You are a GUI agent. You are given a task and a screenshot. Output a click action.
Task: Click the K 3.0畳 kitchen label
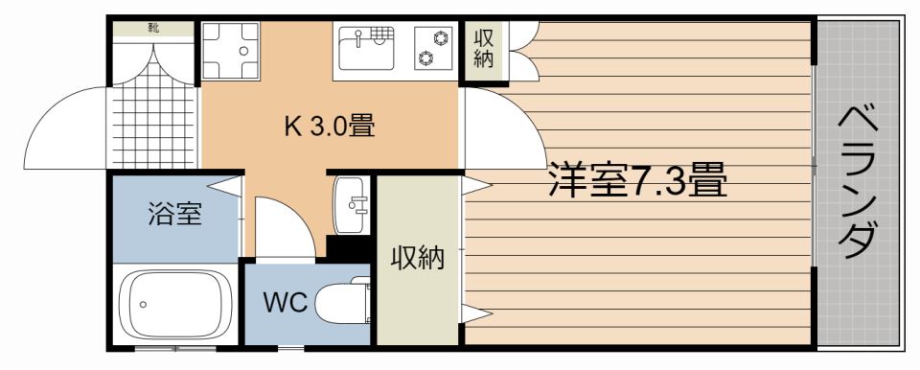(329, 127)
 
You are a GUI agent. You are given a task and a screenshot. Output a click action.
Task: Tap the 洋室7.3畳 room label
(637, 180)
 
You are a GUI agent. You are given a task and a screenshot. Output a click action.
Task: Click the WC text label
(286, 303)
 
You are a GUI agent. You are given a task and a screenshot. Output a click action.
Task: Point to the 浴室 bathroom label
(174, 214)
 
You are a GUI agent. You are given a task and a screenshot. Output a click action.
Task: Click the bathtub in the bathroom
(174, 304)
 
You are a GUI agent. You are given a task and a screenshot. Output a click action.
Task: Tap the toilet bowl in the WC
(342, 304)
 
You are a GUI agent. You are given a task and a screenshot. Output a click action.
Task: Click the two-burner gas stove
(435, 48)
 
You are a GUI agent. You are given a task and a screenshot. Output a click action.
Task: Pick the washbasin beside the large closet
(352, 205)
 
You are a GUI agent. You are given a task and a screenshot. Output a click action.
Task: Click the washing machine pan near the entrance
(231, 51)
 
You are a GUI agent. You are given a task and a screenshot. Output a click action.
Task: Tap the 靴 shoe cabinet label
(153, 28)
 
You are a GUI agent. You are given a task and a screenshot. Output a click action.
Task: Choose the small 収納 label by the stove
(484, 50)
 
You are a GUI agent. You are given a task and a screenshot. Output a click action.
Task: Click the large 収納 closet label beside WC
(417, 259)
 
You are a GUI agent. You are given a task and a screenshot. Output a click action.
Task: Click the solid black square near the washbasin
(349, 248)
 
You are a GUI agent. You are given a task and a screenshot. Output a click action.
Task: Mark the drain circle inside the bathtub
(142, 304)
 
